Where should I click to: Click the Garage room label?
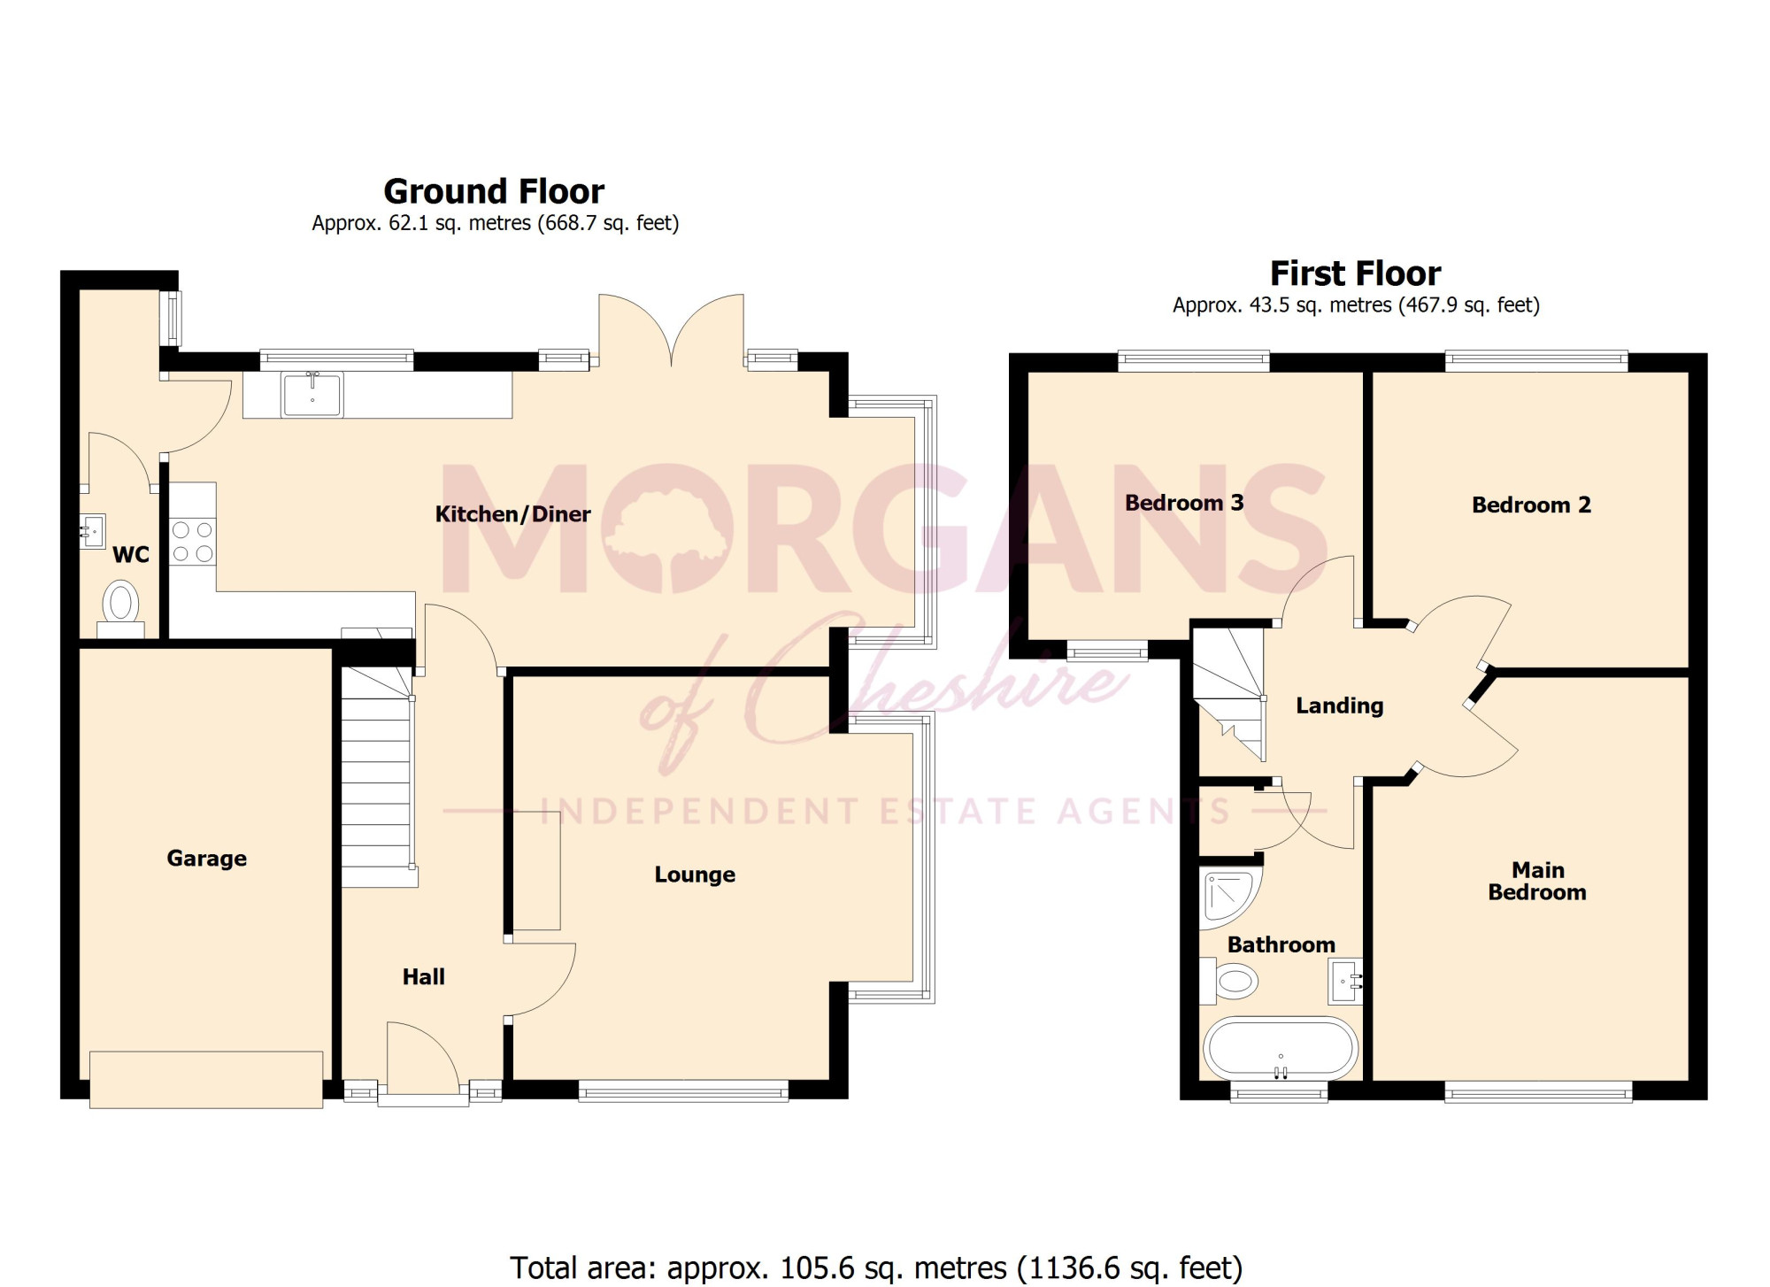tap(206, 859)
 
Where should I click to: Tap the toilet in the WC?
tap(120, 608)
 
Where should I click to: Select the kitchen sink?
tap(312, 394)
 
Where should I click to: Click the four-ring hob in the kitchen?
tap(193, 542)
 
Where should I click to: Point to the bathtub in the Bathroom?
tap(1281, 1049)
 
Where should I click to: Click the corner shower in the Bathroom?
tap(1226, 896)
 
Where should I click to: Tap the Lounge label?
tap(695, 875)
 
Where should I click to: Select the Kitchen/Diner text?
tap(512, 514)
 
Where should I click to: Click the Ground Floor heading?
tap(494, 191)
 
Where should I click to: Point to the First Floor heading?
tap(1355, 274)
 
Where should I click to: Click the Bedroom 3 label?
tap(1184, 503)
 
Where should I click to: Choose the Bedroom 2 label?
tap(1531, 505)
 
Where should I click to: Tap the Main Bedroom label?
tap(1537, 881)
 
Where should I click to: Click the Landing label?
tap(1340, 705)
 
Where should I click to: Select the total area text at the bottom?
tap(876, 1268)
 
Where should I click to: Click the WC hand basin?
tap(92, 531)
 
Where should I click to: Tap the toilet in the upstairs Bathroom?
tap(1229, 981)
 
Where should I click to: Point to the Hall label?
tap(423, 977)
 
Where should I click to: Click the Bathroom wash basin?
tap(1345, 981)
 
